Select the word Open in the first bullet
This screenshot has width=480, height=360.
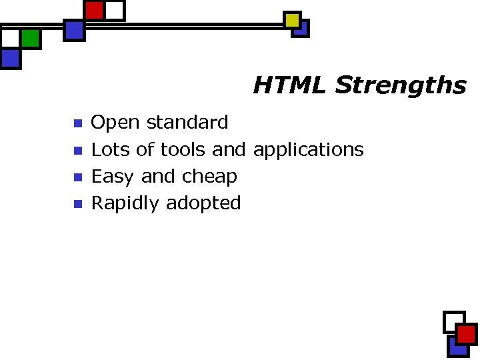[115, 123]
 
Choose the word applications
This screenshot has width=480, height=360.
[308, 150]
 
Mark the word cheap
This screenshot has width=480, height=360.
[209, 177]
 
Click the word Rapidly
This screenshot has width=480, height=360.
[125, 203]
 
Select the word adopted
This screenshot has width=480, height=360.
[203, 203]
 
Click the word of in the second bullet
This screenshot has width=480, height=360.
[145, 149]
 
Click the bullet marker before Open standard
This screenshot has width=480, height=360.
[77, 123]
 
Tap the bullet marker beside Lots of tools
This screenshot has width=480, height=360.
[77, 150]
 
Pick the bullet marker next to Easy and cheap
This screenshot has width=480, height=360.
[77, 177]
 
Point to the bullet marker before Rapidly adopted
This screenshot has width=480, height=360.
[77, 204]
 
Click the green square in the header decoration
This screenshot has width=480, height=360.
[30, 39]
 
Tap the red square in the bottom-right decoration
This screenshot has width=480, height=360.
[466, 334]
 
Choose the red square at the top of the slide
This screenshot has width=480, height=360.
[95, 10]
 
